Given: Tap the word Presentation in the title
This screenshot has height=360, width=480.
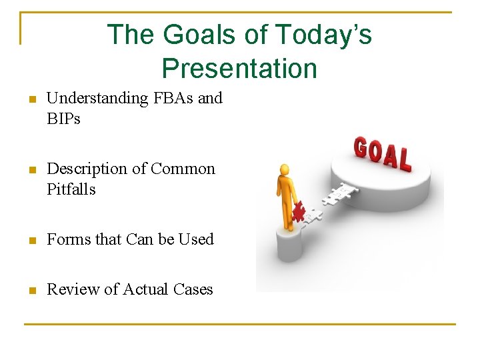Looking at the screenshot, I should tap(239, 68).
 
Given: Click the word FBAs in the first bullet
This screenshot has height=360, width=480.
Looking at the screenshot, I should tap(173, 98).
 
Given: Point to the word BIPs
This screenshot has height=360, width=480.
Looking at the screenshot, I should tap(63, 119).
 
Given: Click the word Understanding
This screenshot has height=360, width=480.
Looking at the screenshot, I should tap(97, 99).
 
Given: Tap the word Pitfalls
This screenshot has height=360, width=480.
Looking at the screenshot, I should tap(71, 189).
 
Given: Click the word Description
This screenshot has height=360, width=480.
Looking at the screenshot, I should tap(88, 169).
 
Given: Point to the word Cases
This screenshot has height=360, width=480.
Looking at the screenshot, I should tap(193, 289).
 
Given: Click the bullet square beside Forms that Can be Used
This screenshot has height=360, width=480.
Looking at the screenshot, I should tap(30, 241).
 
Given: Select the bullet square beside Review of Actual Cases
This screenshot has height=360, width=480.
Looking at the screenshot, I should tap(30, 291).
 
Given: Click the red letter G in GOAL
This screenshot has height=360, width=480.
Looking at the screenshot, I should tap(361, 147).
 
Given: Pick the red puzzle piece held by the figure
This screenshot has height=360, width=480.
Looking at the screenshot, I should tap(298, 211).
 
